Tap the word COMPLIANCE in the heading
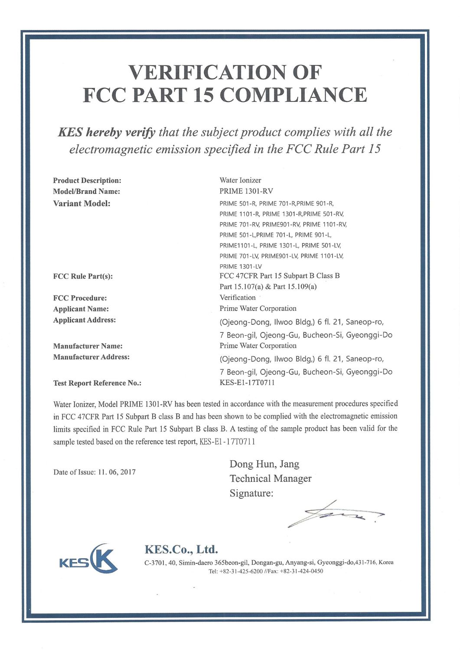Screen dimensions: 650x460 click(x=294, y=95)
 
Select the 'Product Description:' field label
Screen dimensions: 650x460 click(x=87, y=180)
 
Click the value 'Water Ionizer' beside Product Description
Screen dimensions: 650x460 click(x=240, y=180)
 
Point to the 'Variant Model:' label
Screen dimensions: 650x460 click(x=82, y=203)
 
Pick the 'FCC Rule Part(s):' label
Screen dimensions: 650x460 click(x=83, y=276)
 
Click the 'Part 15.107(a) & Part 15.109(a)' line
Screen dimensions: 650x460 click(x=268, y=286)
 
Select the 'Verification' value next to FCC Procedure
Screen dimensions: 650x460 click(x=238, y=297)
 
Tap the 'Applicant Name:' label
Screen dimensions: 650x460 click(x=81, y=309)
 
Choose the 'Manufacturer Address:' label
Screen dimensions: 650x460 click(x=91, y=357)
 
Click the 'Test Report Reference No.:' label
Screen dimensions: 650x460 click(x=97, y=383)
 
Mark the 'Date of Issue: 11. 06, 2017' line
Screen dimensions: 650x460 click(x=95, y=472)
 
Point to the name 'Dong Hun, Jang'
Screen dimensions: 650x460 click(x=264, y=464)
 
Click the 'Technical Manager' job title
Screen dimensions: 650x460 click(x=271, y=478)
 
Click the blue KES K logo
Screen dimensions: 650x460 click(x=88, y=559)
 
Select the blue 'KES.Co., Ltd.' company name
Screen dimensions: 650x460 click(x=181, y=549)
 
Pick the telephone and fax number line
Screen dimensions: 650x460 click(x=266, y=571)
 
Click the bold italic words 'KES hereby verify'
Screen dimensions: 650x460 click(x=107, y=132)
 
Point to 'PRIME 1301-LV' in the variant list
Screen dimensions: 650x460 click(x=241, y=266)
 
